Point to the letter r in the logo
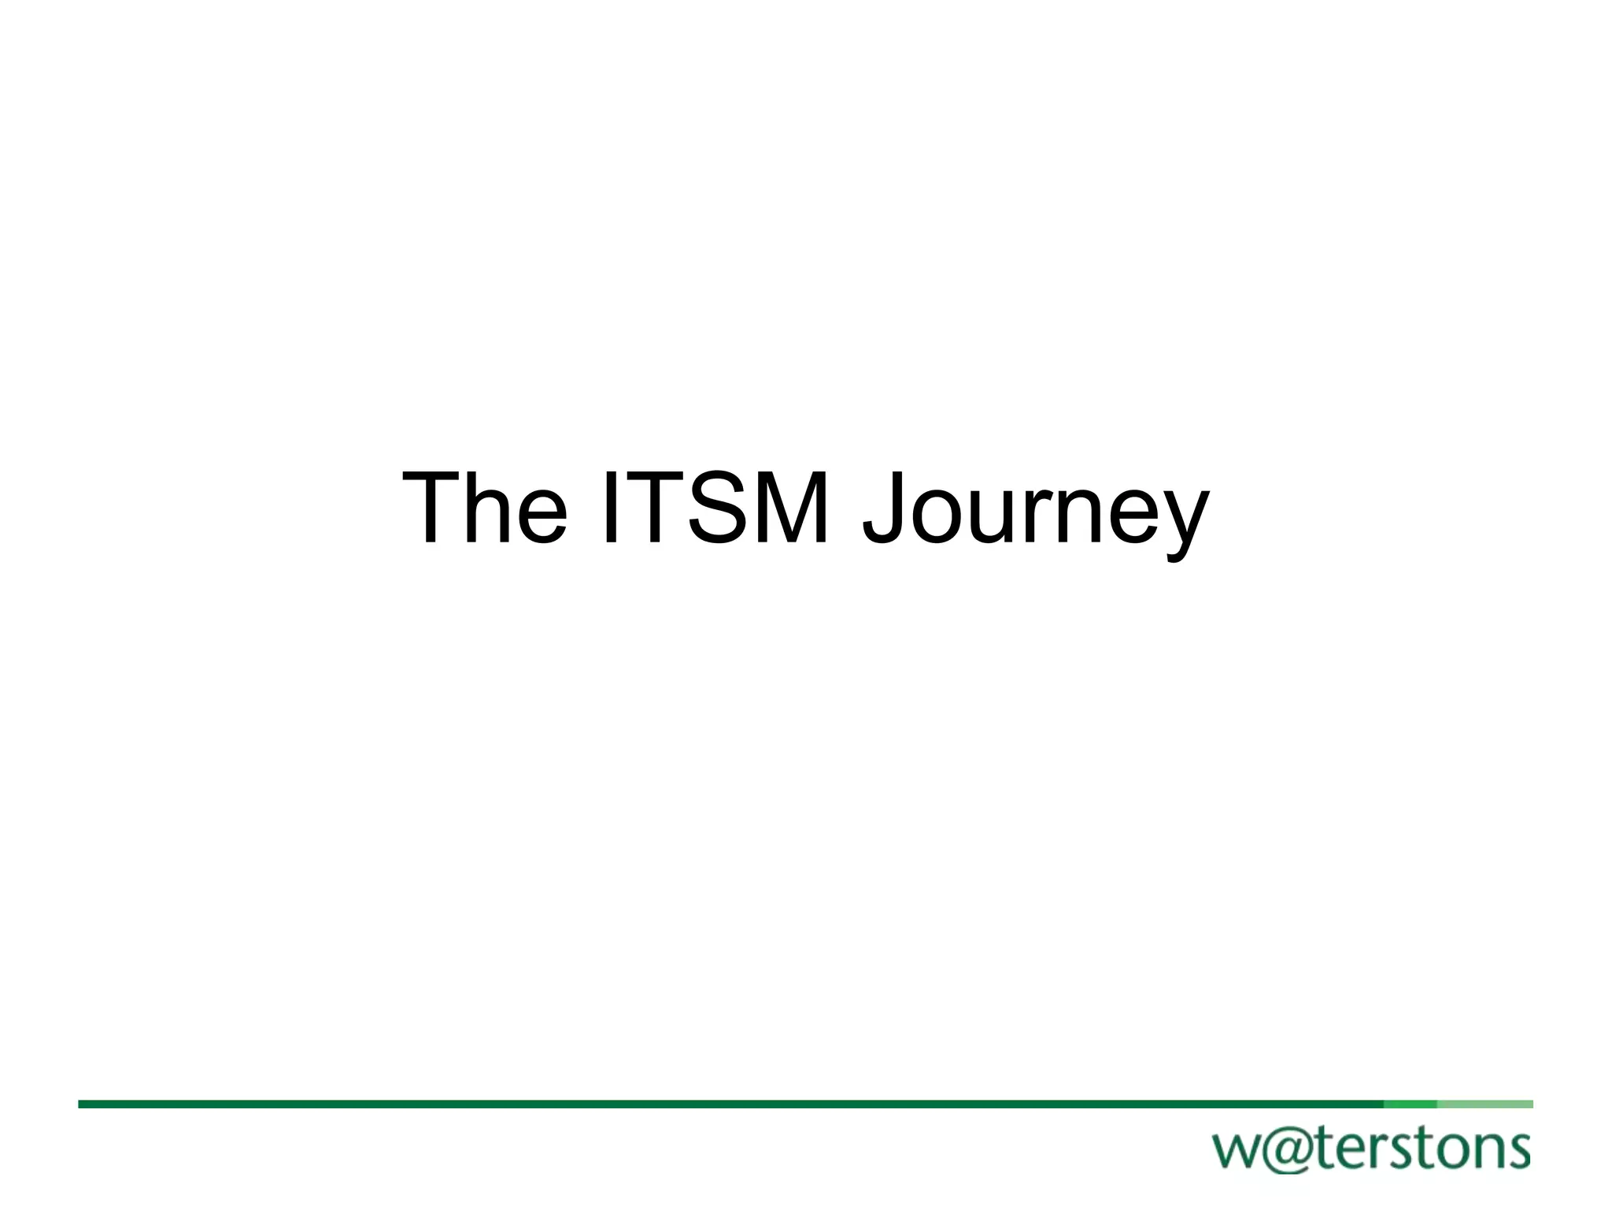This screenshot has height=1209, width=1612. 1368,1150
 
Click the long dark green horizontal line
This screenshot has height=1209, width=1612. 708,1104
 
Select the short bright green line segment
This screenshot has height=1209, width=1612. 1410,1104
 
